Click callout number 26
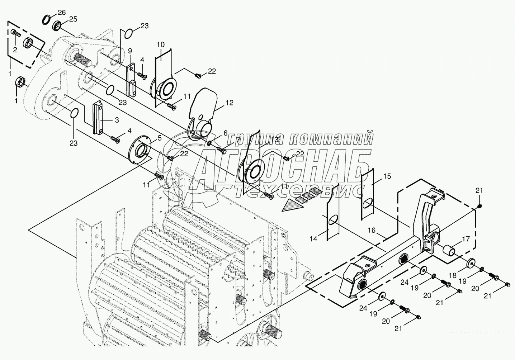pos(62,13)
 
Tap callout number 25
pos(73,19)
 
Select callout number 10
pos(161,44)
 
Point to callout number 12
pos(229,103)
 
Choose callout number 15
pos(387,176)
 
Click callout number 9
pos(130,50)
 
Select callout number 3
pos(117,120)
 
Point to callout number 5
pos(160,137)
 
